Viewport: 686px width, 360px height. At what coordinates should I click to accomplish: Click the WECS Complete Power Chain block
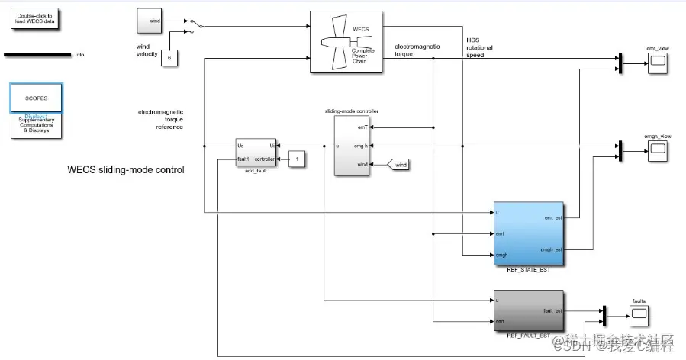tap(346, 42)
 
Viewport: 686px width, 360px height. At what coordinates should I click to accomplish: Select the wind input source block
tap(149, 21)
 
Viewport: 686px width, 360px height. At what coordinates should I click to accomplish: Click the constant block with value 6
tap(169, 57)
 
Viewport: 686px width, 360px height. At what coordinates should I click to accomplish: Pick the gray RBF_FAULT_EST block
tap(528, 310)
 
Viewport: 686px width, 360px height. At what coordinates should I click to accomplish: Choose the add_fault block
tap(256, 151)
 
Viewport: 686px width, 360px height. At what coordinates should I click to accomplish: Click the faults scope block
tap(639, 314)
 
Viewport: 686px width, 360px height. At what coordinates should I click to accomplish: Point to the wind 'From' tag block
tap(399, 164)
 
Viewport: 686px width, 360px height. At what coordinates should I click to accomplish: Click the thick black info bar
tap(38, 55)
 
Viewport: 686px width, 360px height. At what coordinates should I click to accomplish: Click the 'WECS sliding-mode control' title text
tap(126, 170)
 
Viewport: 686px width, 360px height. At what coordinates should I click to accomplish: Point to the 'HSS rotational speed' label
tap(479, 47)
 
